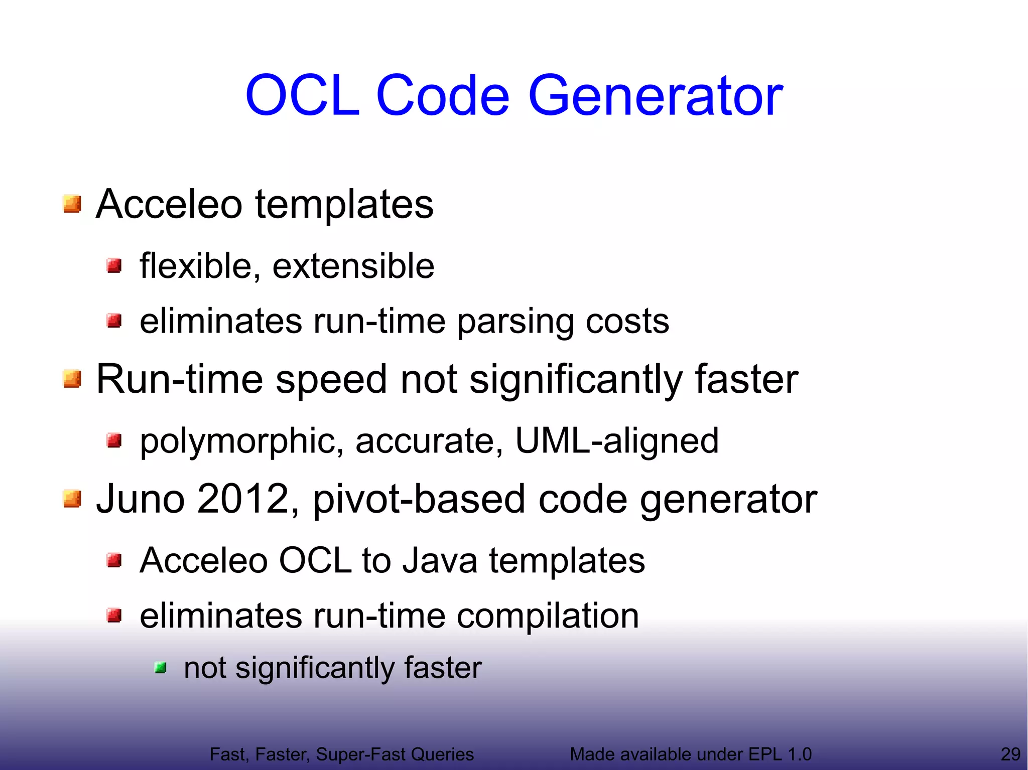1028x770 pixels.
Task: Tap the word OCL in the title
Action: coord(302,95)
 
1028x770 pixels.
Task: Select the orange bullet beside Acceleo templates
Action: coord(72,204)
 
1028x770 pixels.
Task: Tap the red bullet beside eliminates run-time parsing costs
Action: coord(114,320)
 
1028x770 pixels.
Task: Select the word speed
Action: coord(331,380)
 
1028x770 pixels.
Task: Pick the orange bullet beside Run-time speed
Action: coord(72,379)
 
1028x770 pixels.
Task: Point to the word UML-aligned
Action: coord(617,440)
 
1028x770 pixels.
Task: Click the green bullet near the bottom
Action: coord(161,668)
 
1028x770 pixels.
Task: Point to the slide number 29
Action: coord(1010,754)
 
